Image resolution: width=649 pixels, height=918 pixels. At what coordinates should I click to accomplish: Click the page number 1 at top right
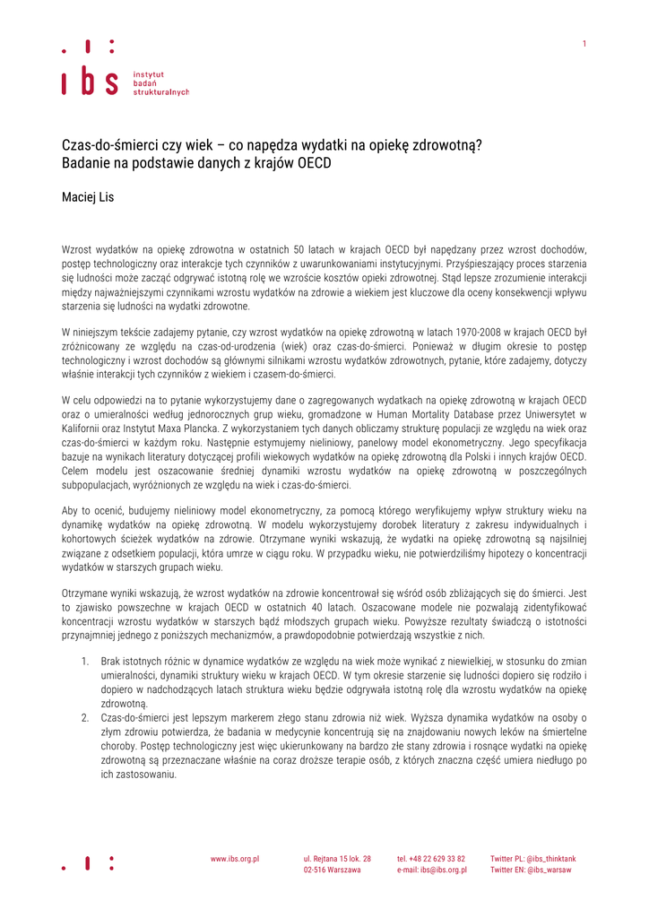pos(584,44)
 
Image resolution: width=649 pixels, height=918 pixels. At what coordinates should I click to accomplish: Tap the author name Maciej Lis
pos(88,197)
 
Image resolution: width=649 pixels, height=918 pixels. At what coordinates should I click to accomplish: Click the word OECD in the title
pos(311,163)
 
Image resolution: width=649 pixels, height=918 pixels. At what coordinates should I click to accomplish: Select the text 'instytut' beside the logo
pos(148,74)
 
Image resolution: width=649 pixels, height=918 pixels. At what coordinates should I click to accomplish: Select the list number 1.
pos(83,661)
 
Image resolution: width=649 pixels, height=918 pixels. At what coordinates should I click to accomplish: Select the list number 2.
pos(83,717)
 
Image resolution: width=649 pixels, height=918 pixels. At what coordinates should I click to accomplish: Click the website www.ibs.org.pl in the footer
pos(235,858)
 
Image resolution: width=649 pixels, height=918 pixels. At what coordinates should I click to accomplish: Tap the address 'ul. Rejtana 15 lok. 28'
pos(337,858)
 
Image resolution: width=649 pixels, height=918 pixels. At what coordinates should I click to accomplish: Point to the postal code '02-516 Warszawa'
pos(332,870)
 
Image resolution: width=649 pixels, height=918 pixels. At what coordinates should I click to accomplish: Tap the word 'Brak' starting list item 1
pos(111,661)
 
